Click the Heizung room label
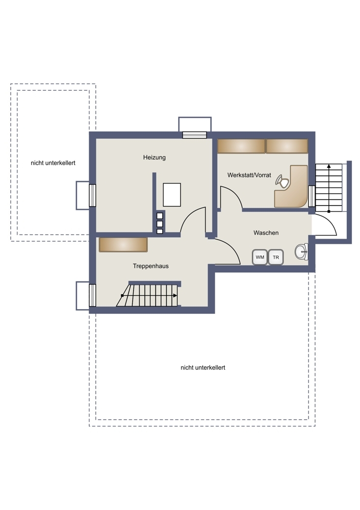pos(155,158)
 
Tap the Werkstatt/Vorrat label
pos(249,175)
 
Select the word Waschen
pos(266,233)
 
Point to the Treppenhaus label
pos(150,266)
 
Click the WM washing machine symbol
pos(260,257)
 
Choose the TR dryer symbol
pos(276,257)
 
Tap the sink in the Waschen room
pos(301,251)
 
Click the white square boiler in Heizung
pos(172,194)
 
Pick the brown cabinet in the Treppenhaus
pos(123,245)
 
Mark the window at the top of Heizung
pos(194,135)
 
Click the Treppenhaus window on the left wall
pos(92,295)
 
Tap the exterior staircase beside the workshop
pos(329,188)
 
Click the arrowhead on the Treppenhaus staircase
pos(175,295)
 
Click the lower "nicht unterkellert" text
pos(203,368)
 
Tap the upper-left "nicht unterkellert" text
pos(53,163)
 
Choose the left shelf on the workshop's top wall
pos(241,146)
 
